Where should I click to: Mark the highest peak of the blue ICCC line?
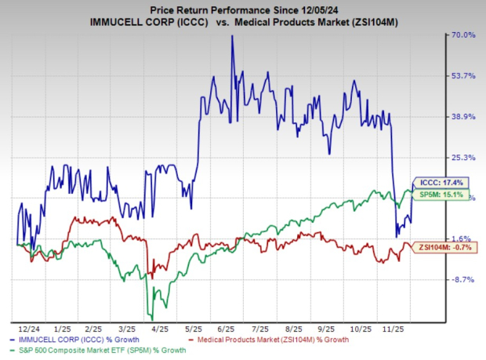pos(232,36)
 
